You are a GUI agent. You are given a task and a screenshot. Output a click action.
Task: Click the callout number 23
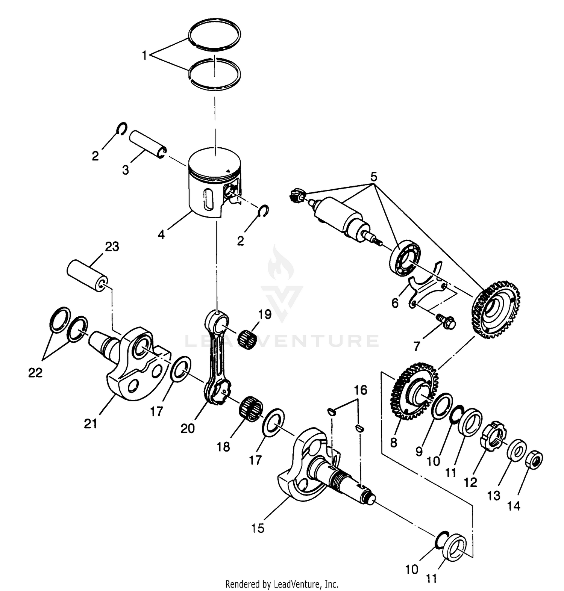point(112,247)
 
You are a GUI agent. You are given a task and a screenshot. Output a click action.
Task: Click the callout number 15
point(258,528)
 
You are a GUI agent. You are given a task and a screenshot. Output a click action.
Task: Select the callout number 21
point(91,424)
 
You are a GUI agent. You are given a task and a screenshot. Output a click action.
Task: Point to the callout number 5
point(373,177)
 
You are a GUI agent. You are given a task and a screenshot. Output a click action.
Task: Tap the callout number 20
point(188,428)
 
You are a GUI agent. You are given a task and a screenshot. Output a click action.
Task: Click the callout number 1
point(144,56)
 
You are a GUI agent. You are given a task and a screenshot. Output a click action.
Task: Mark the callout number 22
point(35,373)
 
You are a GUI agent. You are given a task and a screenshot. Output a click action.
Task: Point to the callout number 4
point(161,235)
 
